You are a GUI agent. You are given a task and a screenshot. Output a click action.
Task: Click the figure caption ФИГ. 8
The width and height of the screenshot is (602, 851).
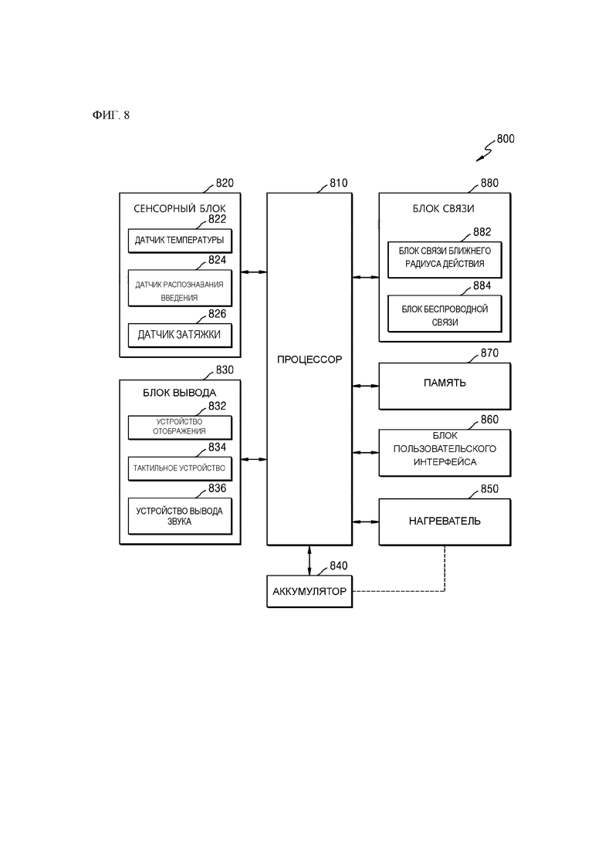[110, 116]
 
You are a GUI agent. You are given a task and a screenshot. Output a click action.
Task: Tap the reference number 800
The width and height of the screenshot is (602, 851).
[506, 140]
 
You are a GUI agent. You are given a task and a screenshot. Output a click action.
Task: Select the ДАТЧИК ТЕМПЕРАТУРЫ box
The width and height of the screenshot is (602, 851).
[180, 241]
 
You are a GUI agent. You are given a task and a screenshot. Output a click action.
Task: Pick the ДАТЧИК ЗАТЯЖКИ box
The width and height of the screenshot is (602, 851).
[180, 335]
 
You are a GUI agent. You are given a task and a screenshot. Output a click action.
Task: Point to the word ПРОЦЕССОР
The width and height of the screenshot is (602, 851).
[309, 360]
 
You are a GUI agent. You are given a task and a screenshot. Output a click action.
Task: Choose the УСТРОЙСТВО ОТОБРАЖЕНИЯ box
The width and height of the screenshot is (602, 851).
[180, 426]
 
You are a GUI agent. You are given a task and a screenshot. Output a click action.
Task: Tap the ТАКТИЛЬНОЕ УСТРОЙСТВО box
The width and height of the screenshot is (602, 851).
[180, 468]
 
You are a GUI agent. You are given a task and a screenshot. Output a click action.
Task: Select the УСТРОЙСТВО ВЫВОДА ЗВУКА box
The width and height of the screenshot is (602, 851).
[180, 515]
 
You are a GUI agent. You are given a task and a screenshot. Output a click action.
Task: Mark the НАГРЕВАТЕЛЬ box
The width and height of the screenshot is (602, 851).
[444, 521]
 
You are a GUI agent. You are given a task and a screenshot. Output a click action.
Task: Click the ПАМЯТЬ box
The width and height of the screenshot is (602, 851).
[444, 383]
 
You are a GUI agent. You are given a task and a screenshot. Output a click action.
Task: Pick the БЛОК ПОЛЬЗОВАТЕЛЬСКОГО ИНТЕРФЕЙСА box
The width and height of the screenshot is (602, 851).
[444, 451]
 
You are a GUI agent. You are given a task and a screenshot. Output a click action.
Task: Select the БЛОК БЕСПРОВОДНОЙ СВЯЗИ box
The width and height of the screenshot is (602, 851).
[445, 315]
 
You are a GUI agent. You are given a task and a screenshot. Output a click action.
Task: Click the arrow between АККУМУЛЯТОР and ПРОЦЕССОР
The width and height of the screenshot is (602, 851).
[309, 560]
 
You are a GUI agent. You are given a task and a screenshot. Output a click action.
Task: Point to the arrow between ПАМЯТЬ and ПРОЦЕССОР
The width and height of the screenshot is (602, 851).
[365, 384]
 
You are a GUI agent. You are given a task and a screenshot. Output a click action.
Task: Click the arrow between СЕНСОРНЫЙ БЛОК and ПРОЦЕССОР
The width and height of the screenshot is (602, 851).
[253, 272]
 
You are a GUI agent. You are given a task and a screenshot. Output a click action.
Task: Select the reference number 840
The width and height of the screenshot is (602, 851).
[338, 566]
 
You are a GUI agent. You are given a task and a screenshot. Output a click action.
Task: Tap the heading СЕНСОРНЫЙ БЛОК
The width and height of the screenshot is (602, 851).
[180, 209]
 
